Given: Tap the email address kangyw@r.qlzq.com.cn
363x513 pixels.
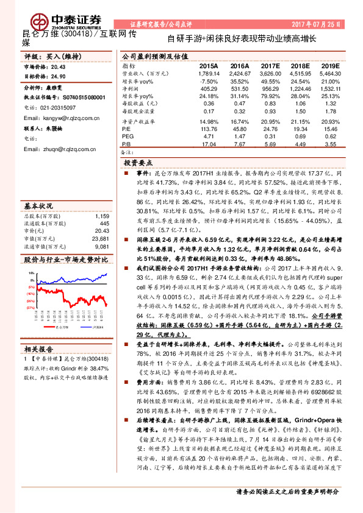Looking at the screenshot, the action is [x=65, y=117].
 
